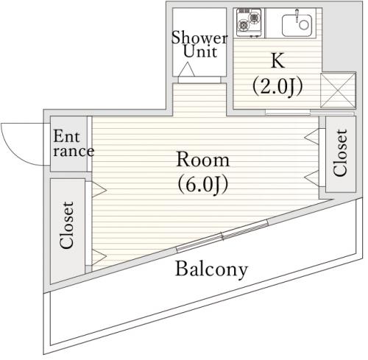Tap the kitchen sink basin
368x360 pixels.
pos(297,25)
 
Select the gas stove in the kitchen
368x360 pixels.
pos(249,23)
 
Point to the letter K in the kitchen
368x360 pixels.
pos(277,60)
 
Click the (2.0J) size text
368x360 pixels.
pos(277,86)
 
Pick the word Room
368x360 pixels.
pos(203,160)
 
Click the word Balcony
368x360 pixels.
pos(211,269)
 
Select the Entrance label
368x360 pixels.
pos(74,144)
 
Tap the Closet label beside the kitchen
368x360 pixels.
pos(340,152)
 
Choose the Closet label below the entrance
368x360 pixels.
pos(66,225)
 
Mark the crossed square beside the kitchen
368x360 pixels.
pos(338,91)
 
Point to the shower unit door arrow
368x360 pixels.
pos(187,69)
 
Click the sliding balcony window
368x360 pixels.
pos(222,236)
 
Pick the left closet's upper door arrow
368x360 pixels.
pos(99,189)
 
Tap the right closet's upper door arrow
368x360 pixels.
pos(312,137)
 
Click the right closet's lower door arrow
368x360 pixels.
pos(312,178)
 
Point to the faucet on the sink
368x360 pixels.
pos(297,15)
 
